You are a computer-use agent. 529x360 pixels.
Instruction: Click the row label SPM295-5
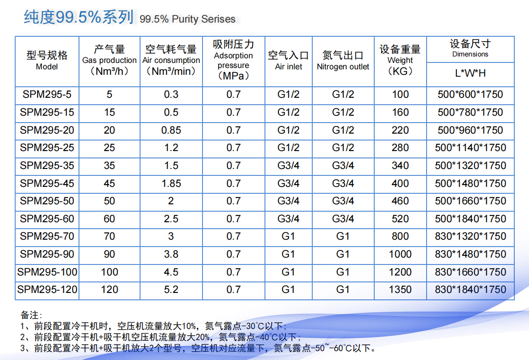[x=47, y=95]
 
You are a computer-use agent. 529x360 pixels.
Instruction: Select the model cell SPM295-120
[x=47, y=290]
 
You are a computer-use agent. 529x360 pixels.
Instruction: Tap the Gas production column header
[x=109, y=60]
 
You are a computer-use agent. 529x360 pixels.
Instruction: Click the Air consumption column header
[x=171, y=60]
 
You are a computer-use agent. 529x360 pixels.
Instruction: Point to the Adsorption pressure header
[x=233, y=60]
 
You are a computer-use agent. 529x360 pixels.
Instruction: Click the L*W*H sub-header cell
[x=470, y=73]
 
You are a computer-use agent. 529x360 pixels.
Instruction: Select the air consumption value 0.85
[x=171, y=130]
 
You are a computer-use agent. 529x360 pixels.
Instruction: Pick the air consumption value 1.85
[x=171, y=184]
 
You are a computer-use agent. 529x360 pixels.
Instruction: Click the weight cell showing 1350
[x=400, y=290]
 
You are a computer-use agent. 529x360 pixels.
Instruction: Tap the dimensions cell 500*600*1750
[x=470, y=95]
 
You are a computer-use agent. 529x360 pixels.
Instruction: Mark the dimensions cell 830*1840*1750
[x=470, y=290]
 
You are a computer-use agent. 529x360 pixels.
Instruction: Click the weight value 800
[x=400, y=236]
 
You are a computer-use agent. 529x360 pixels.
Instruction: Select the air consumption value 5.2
[x=171, y=290]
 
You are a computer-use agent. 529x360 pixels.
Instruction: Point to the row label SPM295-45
[x=47, y=184]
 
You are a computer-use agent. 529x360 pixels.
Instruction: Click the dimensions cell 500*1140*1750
[x=470, y=148]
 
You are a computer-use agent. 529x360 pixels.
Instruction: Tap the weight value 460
[x=400, y=201]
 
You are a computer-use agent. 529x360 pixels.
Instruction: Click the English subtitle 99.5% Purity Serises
[x=187, y=19]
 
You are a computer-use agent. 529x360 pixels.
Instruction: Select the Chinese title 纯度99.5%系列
[x=79, y=17]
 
